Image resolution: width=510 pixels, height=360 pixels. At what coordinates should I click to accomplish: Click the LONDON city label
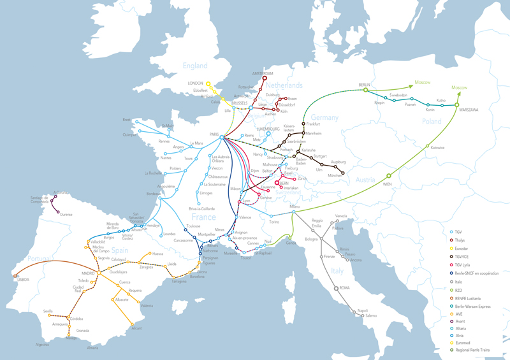pyautogui.click(x=194, y=83)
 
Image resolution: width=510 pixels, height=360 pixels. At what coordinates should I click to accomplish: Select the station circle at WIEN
pyautogui.click(x=388, y=175)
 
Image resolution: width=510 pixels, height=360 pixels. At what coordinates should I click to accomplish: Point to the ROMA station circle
pyautogui.click(x=336, y=289)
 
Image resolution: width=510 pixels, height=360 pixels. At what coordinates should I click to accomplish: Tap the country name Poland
pyautogui.click(x=431, y=121)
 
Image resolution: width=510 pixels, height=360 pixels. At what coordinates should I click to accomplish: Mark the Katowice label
pyautogui.click(x=437, y=147)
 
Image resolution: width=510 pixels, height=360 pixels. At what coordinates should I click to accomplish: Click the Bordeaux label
pyautogui.click(x=154, y=194)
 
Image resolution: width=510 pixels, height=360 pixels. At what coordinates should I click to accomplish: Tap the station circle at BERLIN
pyautogui.click(x=365, y=90)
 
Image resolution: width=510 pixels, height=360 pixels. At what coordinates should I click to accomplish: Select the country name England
pyautogui.click(x=195, y=66)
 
